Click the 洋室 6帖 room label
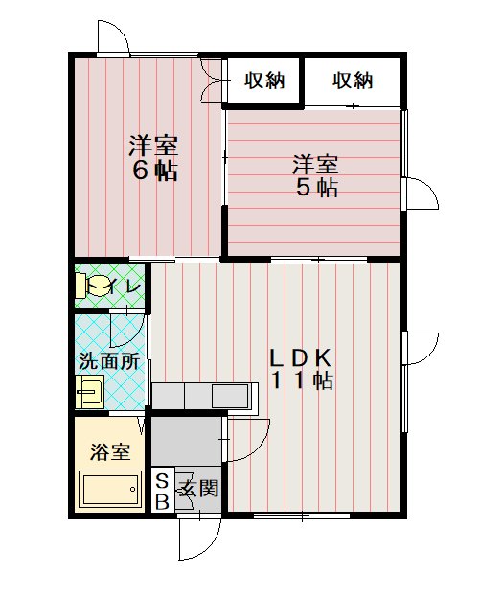[x=153, y=157]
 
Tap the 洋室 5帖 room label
[x=316, y=175]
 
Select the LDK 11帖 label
[x=302, y=369]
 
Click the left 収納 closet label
[x=264, y=80]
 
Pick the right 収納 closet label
[x=353, y=80]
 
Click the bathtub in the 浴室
[x=110, y=489]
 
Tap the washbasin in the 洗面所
[x=90, y=391]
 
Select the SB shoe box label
[x=163, y=492]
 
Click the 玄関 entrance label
[x=199, y=488]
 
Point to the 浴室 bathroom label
[x=110, y=452]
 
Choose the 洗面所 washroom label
[x=109, y=361]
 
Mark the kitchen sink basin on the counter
[x=230, y=396]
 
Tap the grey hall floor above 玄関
[x=186, y=441]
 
